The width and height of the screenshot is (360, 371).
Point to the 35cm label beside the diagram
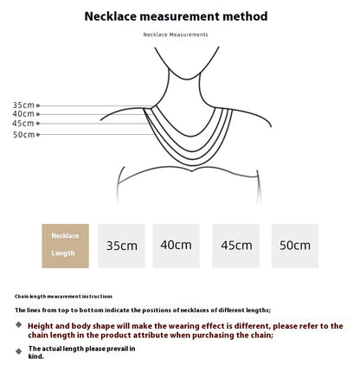23,104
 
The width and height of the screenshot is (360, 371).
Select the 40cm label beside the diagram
23,113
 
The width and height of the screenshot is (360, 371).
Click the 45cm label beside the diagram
23,123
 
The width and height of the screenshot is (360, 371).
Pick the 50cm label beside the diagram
23,134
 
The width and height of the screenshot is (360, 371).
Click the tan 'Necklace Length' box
65,245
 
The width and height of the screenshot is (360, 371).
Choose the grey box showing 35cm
122,245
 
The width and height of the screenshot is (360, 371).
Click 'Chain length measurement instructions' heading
53,296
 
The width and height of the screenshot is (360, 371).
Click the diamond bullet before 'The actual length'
20,350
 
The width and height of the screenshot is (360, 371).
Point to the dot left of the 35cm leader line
38,105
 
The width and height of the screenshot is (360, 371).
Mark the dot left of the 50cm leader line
38,134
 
